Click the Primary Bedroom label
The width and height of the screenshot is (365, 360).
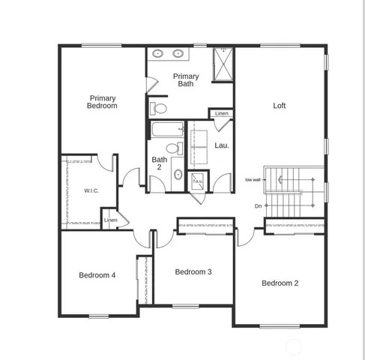coord(103,102)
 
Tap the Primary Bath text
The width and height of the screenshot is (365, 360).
coord(186,80)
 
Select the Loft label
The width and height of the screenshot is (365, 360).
coord(279,106)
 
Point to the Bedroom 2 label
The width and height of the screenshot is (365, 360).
coord(280,283)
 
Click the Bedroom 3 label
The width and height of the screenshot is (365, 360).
coord(193,271)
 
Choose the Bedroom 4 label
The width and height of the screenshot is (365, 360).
coord(97,275)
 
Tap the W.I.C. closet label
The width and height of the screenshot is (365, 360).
coord(91,191)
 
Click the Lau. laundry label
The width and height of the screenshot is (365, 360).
coord(222,145)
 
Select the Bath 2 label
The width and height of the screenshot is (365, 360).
coord(160,163)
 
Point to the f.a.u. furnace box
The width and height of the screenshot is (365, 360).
coord(198,181)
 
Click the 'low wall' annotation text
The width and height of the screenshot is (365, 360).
coord(253,180)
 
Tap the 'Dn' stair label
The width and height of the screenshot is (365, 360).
coord(258,205)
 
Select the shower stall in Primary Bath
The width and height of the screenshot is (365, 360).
coord(223,62)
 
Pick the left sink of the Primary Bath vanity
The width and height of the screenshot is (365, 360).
coord(160,54)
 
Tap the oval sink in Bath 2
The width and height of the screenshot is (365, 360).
coord(178,174)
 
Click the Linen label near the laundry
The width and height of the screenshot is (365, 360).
coord(221,113)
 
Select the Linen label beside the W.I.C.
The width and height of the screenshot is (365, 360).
coord(110,220)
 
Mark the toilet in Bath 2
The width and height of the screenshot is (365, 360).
coord(172,147)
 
